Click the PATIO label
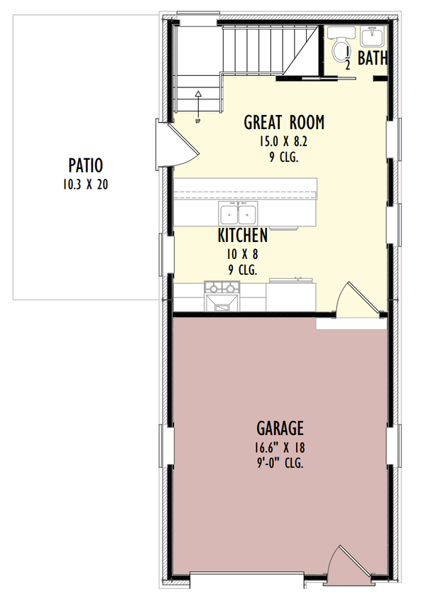click(x=86, y=166)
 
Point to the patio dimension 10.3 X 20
click(x=86, y=185)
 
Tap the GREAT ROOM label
click(x=284, y=122)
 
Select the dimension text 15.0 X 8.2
click(x=284, y=142)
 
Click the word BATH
click(x=372, y=58)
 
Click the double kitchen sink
click(x=238, y=214)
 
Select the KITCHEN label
click(x=243, y=236)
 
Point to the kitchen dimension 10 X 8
click(x=243, y=254)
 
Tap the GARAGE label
click(x=280, y=428)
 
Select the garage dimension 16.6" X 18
click(x=280, y=447)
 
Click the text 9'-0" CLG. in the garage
click(x=280, y=464)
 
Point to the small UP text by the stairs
click(x=197, y=121)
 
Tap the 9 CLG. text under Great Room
click(x=284, y=158)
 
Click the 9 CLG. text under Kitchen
click(x=243, y=270)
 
